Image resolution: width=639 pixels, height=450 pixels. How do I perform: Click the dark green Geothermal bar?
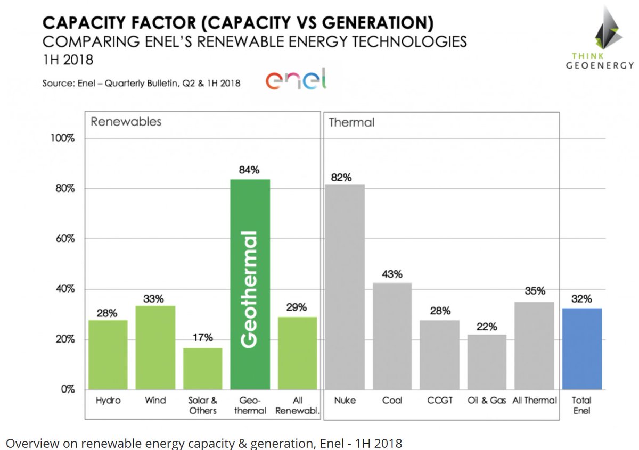point(250,285)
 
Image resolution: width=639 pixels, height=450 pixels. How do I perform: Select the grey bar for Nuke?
point(345,287)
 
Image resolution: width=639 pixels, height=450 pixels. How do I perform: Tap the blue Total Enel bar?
point(582,348)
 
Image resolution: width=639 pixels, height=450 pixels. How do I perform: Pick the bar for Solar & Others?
point(203,369)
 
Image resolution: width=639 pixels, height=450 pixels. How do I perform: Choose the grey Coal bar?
point(392,336)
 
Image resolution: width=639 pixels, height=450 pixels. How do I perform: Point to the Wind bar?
point(155,347)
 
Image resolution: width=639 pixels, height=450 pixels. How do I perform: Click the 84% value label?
point(249,170)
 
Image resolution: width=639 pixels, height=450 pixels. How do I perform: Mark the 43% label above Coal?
point(392,274)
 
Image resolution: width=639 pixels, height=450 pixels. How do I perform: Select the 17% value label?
point(202,338)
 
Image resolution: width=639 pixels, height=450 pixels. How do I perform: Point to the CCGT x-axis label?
point(440,401)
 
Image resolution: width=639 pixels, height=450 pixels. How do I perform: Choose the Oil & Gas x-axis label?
point(487,401)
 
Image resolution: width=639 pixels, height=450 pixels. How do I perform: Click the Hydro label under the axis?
point(108,401)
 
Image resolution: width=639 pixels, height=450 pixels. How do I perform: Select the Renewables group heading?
point(126,122)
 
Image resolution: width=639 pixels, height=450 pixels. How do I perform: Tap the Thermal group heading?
point(351,123)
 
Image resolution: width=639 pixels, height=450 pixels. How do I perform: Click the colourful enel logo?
point(296,80)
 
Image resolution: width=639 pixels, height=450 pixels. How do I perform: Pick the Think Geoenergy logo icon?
point(608,31)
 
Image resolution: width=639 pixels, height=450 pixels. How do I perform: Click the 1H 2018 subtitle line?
point(68,60)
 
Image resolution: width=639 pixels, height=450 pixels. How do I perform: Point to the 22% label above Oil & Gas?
point(487,326)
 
